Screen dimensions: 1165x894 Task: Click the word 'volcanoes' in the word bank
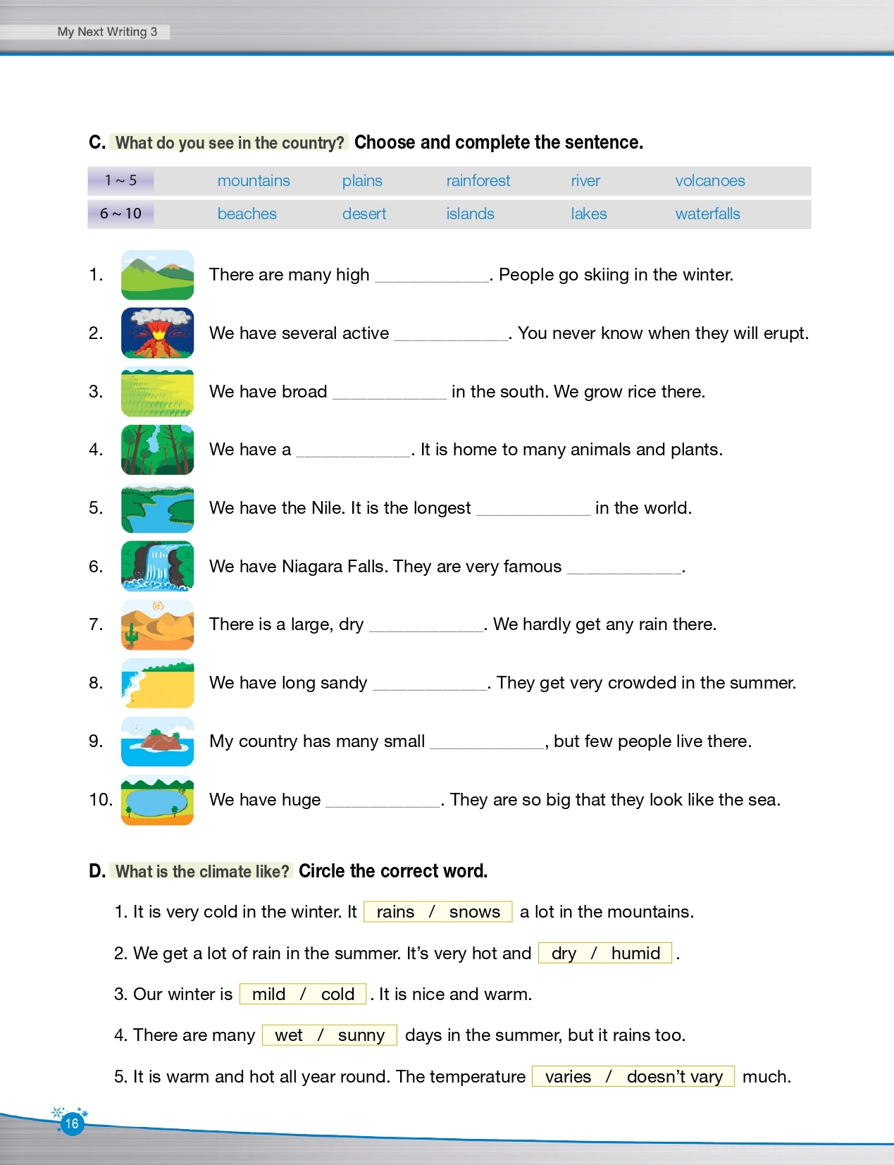(x=709, y=181)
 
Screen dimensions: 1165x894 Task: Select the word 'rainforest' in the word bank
(x=478, y=181)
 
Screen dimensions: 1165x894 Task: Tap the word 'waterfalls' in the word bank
(x=707, y=214)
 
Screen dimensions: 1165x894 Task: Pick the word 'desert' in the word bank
(x=364, y=214)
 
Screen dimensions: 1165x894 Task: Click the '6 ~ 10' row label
(x=120, y=214)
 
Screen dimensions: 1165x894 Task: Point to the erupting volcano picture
(x=157, y=333)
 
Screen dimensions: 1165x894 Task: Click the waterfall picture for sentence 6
(x=157, y=566)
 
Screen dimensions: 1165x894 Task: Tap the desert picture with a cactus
(x=157, y=624)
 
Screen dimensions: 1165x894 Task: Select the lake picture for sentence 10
(x=157, y=800)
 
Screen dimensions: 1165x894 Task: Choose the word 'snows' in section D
(x=474, y=912)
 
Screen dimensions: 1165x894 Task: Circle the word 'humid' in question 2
(x=635, y=954)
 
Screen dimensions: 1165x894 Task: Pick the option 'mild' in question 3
(x=268, y=994)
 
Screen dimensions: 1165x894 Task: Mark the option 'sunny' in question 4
(x=361, y=1035)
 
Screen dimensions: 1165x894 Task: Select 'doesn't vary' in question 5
(x=674, y=1077)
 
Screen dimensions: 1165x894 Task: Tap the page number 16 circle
(x=72, y=1123)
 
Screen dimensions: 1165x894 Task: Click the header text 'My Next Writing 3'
(x=107, y=32)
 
